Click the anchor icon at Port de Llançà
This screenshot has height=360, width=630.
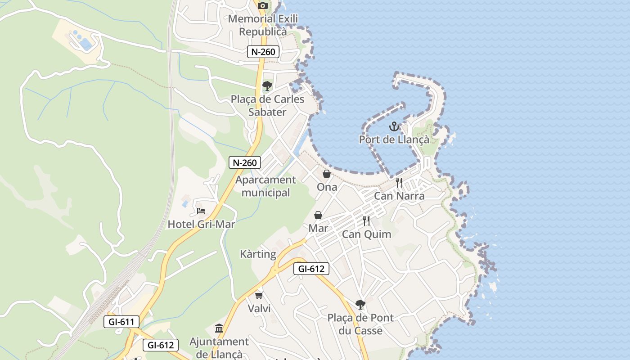[x=394, y=126]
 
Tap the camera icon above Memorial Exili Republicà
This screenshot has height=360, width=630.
[x=263, y=5]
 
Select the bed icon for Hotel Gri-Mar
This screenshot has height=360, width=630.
[x=201, y=211]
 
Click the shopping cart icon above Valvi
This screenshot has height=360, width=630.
[x=259, y=295]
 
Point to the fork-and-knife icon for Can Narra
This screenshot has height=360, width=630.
[x=399, y=182]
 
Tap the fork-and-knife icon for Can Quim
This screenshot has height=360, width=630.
[x=366, y=220]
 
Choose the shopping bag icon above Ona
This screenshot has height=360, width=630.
[x=327, y=174]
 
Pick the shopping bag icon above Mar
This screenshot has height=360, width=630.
[x=318, y=215]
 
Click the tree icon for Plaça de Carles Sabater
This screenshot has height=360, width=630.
[x=267, y=85]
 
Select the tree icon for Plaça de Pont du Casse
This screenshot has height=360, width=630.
[x=360, y=304]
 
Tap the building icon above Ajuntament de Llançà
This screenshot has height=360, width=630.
[x=219, y=328]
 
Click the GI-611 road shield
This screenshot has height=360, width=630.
[x=121, y=322]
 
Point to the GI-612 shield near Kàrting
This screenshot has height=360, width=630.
[x=311, y=269]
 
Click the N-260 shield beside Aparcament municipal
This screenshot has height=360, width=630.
[x=245, y=162]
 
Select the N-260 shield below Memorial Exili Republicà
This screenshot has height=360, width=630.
[x=263, y=52]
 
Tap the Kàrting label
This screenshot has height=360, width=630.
[x=258, y=254]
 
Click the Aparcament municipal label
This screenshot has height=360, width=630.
[x=265, y=186]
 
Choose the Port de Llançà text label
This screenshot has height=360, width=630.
[x=394, y=139]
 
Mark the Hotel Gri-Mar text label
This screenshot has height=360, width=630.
[x=201, y=224]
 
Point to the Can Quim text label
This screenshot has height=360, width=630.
[x=366, y=234]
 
